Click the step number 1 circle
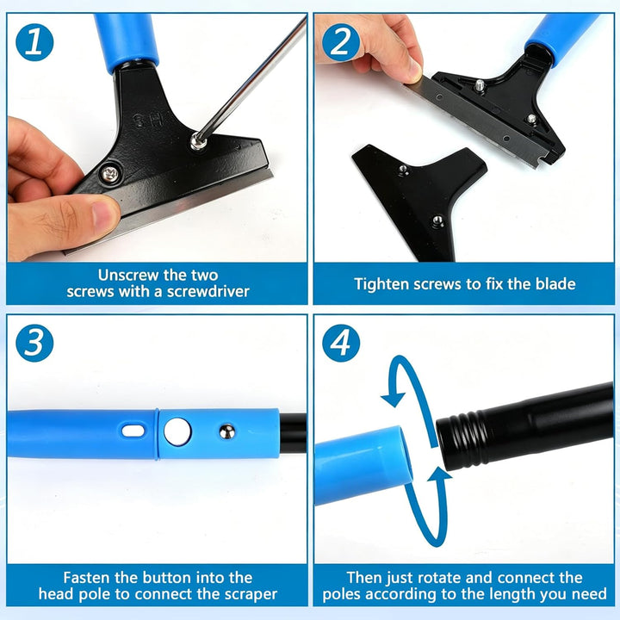[x=34, y=42]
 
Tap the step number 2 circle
[x=341, y=42]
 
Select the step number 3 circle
[x=34, y=343]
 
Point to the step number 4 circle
[x=341, y=343]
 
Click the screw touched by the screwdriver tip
[x=199, y=141]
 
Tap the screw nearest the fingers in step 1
[x=110, y=174]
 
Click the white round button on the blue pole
[x=177, y=431]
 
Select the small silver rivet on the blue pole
[x=227, y=431]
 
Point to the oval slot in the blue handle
[x=133, y=431]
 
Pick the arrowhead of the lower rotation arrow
[x=439, y=474]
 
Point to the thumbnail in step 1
[x=106, y=213]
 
